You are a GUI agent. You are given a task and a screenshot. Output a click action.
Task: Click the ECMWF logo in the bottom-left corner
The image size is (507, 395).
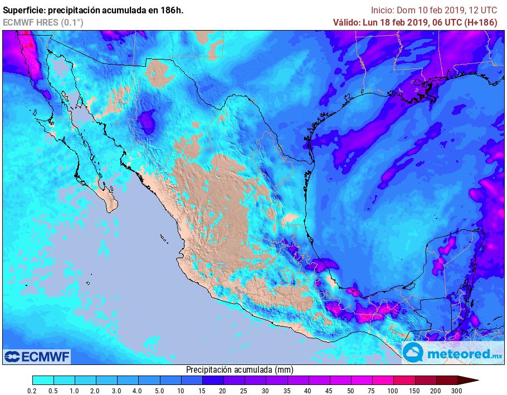click(37, 356)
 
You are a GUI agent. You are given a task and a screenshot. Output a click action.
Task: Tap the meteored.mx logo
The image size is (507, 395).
click(453, 353)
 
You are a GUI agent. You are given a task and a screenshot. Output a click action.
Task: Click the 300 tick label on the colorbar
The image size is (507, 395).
click(457, 391)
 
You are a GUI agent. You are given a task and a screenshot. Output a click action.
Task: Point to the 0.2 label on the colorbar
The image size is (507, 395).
click(33, 391)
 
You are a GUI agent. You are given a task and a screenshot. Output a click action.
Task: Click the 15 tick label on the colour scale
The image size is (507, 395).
click(202, 391)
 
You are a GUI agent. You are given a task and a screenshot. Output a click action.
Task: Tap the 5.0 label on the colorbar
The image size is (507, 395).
click(159, 391)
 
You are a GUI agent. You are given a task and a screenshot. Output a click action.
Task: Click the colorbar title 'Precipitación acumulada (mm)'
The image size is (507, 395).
click(240, 369)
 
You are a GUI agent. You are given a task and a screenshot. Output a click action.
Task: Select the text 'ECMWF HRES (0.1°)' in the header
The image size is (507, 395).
click(43, 22)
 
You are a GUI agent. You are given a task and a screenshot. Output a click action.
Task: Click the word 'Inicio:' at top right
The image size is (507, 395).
click(383, 10)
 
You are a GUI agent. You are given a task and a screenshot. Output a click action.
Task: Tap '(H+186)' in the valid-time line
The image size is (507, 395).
click(480, 22)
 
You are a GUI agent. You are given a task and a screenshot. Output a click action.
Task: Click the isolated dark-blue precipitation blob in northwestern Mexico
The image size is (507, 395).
click(147, 121)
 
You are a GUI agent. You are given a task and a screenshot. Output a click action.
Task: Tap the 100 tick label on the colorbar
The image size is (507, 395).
click(393, 391)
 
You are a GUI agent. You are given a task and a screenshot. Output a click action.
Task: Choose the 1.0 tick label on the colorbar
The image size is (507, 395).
click(75, 391)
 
